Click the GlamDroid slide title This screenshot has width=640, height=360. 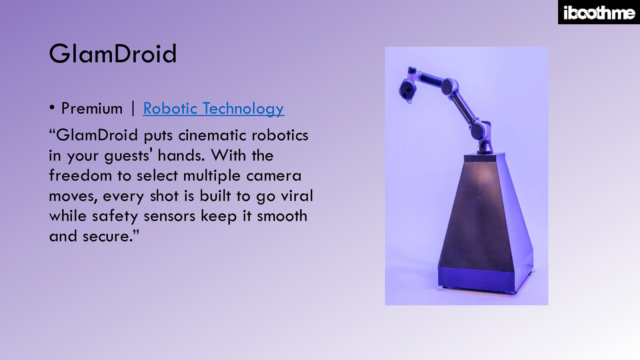click(113, 54)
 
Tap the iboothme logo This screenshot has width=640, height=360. click(599, 13)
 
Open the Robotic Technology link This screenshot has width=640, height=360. click(214, 108)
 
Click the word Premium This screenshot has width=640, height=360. click(92, 108)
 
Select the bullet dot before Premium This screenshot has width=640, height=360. click(52, 107)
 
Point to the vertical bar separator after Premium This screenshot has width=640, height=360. click(133, 108)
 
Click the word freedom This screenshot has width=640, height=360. click(80, 176)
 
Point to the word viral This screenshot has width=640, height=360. click(297, 196)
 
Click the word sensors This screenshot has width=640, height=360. click(169, 216)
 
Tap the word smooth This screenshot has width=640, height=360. click(282, 216)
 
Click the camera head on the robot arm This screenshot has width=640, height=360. click(407, 90)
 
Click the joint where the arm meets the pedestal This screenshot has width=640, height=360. click(484, 146)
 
